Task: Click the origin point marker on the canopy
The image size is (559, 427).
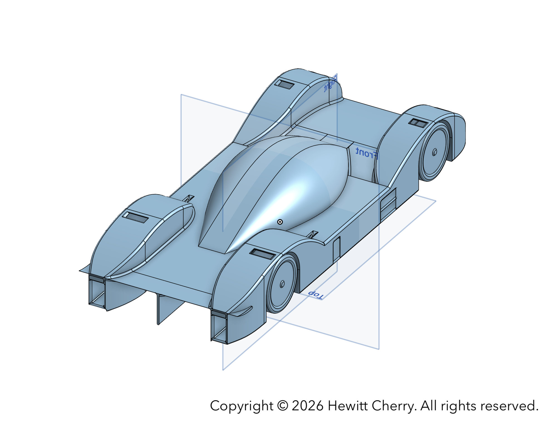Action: click(280, 222)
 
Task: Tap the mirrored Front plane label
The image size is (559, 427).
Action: click(367, 153)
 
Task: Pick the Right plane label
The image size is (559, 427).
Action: click(330, 84)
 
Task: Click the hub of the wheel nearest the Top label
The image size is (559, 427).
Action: click(282, 284)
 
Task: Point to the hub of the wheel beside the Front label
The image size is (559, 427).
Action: click(435, 152)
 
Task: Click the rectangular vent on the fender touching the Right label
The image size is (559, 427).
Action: click(284, 84)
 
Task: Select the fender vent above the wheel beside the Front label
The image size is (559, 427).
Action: click(418, 123)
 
